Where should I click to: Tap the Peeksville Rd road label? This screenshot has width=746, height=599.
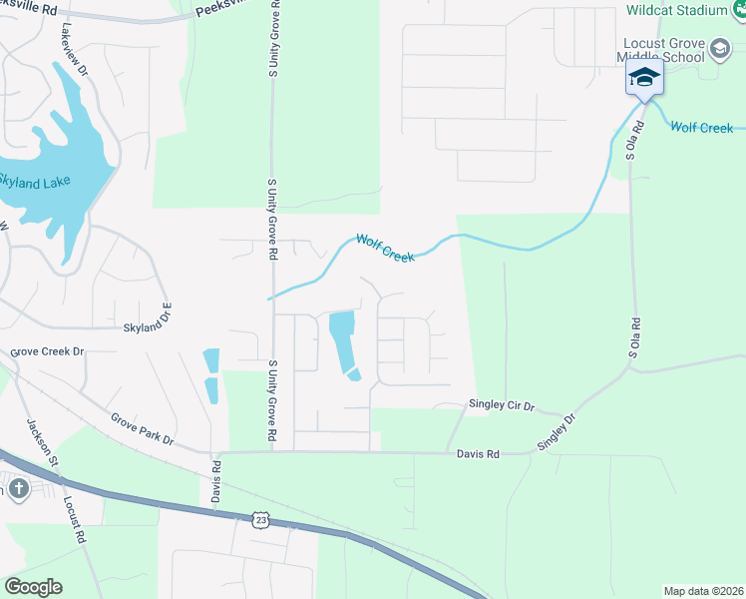(x=223, y=8)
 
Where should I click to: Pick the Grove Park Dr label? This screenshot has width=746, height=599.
(x=142, y=428)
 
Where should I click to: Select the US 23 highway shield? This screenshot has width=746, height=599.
(x=261, y=519)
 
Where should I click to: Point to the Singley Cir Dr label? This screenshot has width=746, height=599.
(x=503, y=406)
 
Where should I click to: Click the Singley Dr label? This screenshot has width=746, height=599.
(x=557, y=432)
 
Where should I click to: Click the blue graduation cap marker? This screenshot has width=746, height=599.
(x=644, y=78)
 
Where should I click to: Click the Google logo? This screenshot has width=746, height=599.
(x=33, y=586)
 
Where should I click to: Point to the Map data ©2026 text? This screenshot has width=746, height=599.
(x=702, y=591)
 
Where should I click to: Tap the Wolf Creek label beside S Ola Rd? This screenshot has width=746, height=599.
(x=701, y=128)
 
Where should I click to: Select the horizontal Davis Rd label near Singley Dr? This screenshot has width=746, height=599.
(x=478, y=453)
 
